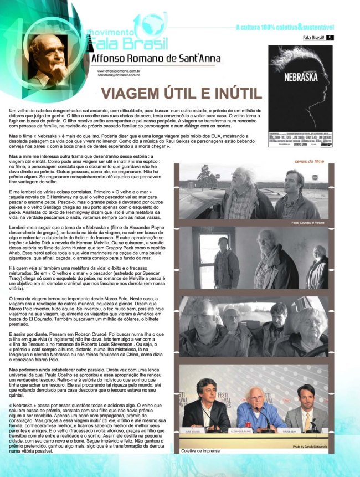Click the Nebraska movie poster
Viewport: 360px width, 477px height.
point(300,95)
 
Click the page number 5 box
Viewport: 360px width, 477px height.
point(330,38)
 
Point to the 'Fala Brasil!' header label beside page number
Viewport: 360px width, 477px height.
point(313,38)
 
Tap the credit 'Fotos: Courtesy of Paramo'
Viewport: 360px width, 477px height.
point(307,222)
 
